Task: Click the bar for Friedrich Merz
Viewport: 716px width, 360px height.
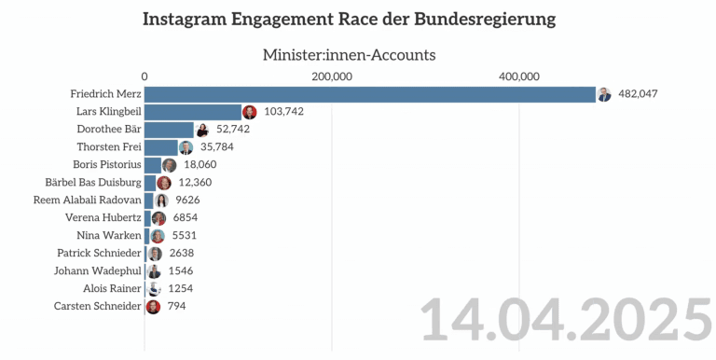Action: click(x=370, y=94)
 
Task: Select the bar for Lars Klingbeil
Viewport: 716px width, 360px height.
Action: click(x=193, y=112)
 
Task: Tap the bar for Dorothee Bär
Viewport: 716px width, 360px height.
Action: click(x=169, y=130)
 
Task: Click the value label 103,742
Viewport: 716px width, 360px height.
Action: click(x=283, y=112)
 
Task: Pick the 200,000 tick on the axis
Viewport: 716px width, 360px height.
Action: click(x=331, y=76)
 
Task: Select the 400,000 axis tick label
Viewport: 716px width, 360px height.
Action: click(x=519, y=76)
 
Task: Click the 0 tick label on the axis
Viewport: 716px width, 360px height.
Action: click(x=145, y=76)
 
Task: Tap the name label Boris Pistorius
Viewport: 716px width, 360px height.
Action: click(x=107, y=165)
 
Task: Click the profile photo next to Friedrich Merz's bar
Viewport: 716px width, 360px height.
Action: click(x=604, y=94)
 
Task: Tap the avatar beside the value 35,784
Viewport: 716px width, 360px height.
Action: click(x=186, y=147)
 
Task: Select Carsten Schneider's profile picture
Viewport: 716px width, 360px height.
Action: click(x=153, y=307)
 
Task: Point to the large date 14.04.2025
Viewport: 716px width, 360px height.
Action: click(x=565, y=320)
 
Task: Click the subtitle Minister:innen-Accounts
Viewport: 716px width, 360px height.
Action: click(x=349, y=55)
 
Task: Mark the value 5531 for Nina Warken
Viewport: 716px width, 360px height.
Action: click(x=183, y=236)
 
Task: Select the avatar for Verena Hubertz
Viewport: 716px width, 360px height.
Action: click(x=158, y=218)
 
